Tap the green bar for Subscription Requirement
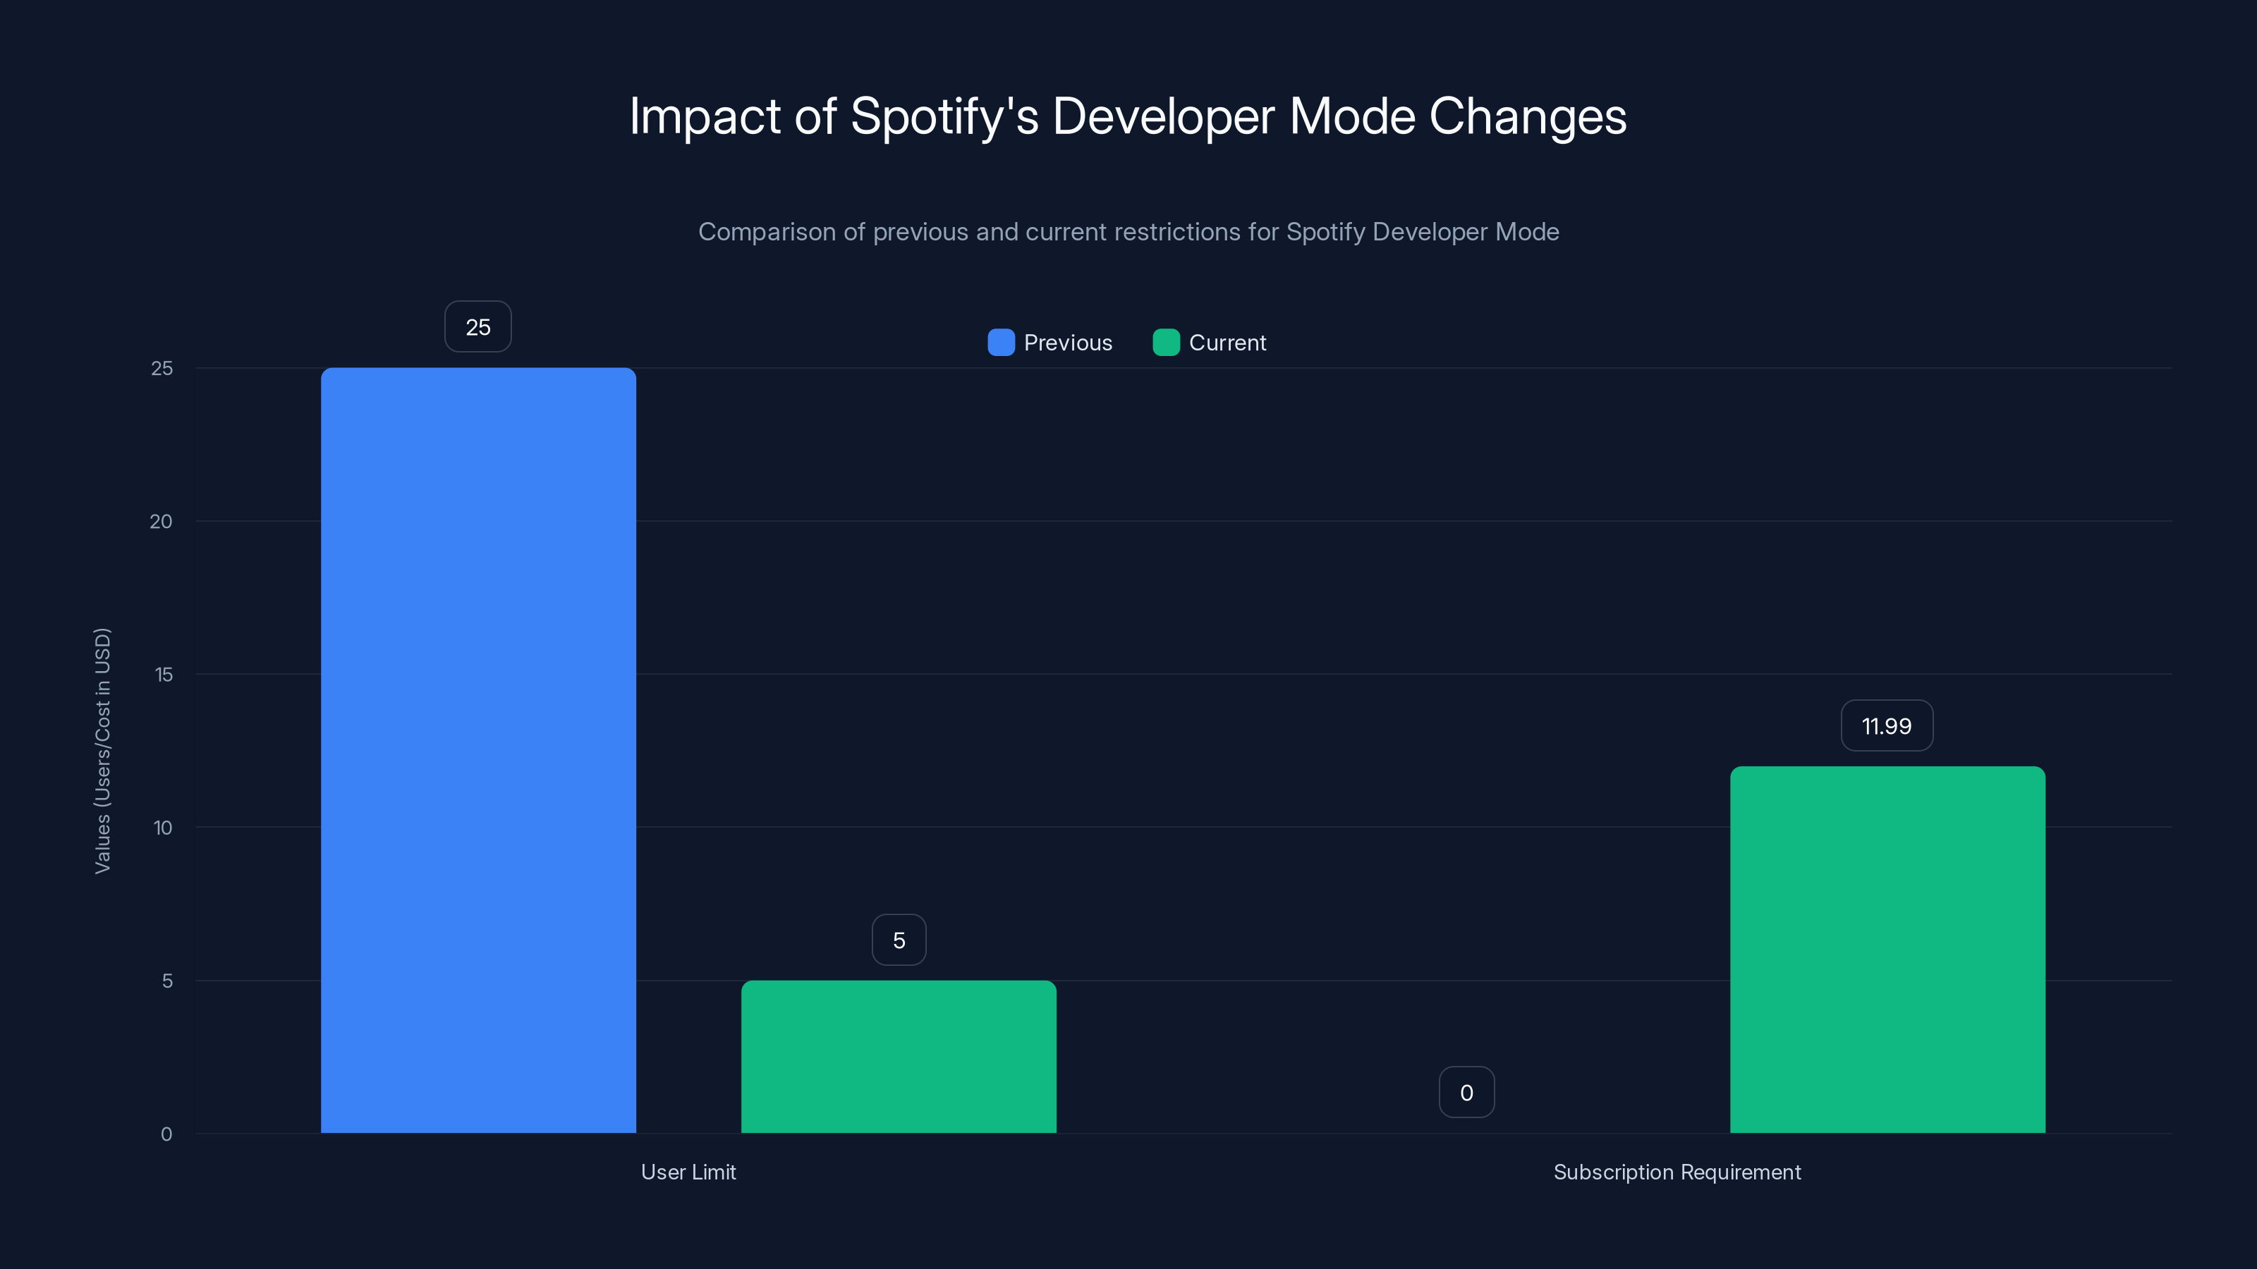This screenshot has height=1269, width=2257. [x=1887, y=950]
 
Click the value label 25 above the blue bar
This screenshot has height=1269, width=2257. [x=477, y=326]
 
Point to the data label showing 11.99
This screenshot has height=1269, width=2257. [x=1887, y=725]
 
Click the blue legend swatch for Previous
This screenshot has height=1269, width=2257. [x=1001, y=343]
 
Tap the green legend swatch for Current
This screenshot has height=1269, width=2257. [x=1165, y=343]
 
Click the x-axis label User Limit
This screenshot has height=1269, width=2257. [x=688, y=1172]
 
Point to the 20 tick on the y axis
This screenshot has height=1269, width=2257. [x=162, y=521]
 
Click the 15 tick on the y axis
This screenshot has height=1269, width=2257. [x=163, y=675]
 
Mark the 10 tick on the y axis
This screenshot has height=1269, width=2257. [x=163, y=828]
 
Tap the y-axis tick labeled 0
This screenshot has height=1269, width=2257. [x=166, y=1134]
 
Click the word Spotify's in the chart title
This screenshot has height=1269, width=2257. [x=944, y=116]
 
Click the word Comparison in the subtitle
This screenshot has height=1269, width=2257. [x=767, y=232]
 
